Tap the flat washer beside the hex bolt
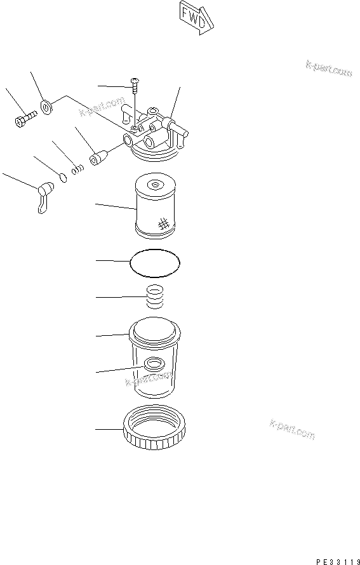click(x=47, y=107)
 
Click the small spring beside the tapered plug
click(x=77, y=169)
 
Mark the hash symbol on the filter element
click(x=163, y=223)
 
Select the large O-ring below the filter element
click(x=154, y=263)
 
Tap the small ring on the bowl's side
click(x=153, y=364)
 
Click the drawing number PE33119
click(x=337, y=561)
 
